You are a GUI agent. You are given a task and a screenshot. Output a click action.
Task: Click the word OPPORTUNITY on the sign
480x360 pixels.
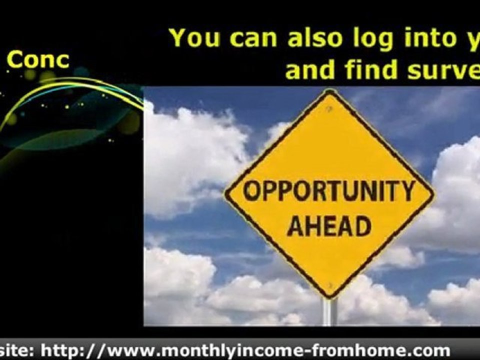pyautogui.click(x=329, y=191)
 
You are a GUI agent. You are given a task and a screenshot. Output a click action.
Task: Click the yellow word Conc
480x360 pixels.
pyautogui.click(x=38, y=60)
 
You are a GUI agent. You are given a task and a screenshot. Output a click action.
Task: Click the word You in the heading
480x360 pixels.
pyautogui.click(x=195, y=38)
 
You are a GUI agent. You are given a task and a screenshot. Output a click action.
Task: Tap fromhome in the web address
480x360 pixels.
pyautogui.click(x=357, y=350)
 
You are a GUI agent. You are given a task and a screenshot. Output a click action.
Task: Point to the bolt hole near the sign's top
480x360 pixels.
pyautogui.click(x=329, y=110)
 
